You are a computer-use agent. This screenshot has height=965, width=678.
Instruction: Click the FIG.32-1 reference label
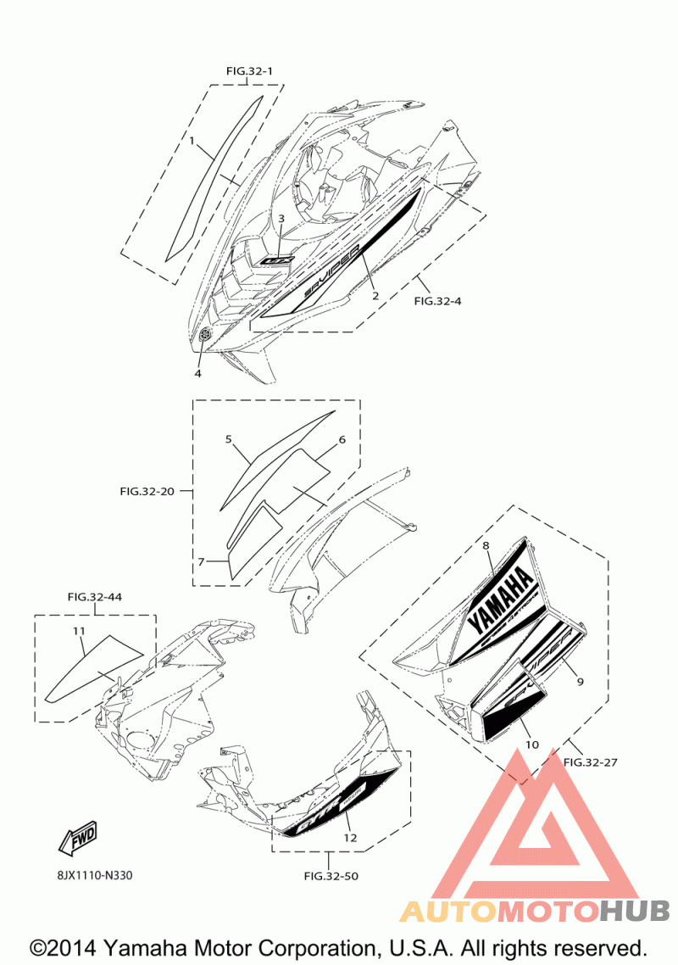249,71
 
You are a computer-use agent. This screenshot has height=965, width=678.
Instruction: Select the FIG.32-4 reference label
437,300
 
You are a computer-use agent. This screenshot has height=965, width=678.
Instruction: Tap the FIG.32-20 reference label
147,491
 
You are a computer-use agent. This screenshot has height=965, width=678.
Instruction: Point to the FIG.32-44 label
95,597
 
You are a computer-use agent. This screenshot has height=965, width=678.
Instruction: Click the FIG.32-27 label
590,762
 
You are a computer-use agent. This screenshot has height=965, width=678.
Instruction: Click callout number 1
192,140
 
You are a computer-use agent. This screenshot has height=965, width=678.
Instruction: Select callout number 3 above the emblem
281,219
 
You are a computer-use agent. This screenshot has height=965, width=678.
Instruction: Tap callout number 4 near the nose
197,373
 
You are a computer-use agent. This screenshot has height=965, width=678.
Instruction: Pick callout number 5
229,439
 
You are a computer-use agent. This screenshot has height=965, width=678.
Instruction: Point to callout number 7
202,561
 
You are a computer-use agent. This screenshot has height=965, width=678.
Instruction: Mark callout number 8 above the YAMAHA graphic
486,546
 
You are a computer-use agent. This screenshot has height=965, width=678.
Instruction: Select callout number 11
79,631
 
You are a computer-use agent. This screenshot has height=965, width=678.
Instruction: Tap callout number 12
350,838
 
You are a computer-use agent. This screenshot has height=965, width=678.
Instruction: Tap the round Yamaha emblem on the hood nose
204,337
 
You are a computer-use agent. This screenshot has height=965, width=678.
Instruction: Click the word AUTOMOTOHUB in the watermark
534,912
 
